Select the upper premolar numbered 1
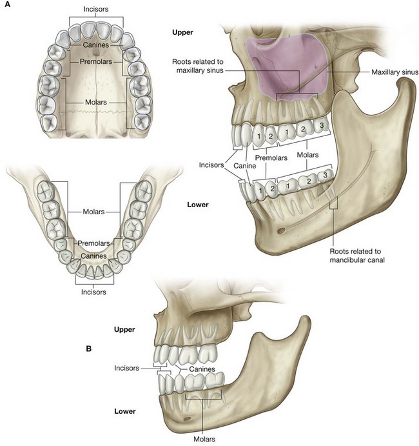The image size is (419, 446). pos(257,136)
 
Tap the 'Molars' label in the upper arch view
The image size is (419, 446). pos(95,102)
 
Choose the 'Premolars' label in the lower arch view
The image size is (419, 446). pos(94,243)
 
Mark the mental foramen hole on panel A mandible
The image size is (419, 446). pos(280,230)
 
